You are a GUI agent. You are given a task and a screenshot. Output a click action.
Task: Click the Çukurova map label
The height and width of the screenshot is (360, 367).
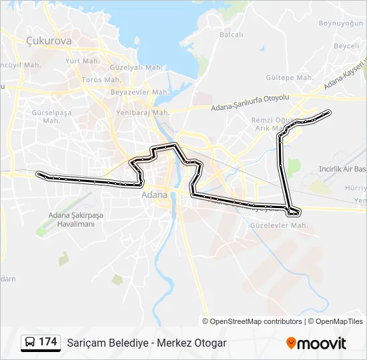tap(48, 41)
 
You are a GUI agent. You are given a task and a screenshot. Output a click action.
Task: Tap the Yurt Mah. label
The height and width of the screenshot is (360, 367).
tap(82, 61)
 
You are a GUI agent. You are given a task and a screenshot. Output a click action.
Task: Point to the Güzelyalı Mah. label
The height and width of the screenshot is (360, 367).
tap(136, 67)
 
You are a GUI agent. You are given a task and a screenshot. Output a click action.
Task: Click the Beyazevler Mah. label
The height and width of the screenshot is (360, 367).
tap(137, 91)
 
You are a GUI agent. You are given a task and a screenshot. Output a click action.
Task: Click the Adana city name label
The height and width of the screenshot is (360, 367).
tap(155, 196)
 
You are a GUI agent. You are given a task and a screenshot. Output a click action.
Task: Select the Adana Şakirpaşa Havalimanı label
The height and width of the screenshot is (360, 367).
tap(71, 219)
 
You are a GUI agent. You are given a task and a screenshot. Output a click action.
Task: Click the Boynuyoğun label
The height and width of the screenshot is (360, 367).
tap(339, 23)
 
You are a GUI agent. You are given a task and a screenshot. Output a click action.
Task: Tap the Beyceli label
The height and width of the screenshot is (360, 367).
tap(346, 46)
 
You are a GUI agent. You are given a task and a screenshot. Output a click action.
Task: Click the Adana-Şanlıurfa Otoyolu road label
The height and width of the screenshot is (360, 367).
tap(250, 102)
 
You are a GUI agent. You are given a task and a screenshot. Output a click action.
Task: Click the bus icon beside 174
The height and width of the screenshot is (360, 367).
tap(30, 343)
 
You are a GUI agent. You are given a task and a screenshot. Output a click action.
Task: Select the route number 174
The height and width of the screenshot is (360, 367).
tap(48, 343)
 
